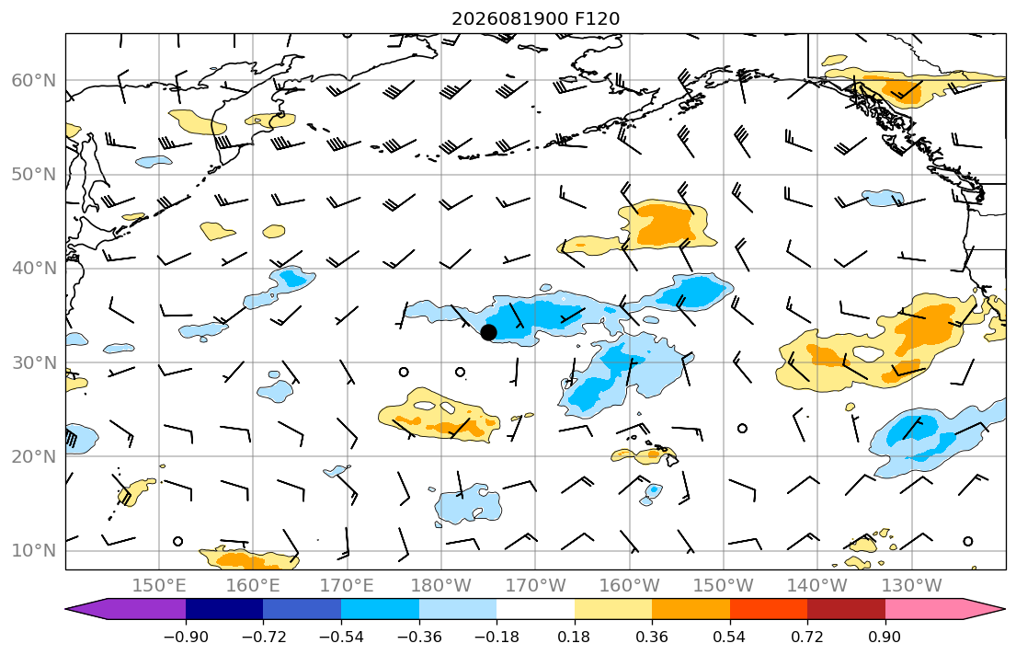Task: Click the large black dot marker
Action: [x=488, y=332]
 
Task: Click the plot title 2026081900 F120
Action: [x=536, y=18]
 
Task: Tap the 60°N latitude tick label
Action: [x=34, y=80]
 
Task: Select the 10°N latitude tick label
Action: [x=34, y=551]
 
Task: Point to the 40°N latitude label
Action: [x=34, y=269]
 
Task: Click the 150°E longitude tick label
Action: [x=159, y=586]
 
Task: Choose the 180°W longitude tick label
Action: [x=441, y=586]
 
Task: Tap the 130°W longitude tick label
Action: [x=912, y=586]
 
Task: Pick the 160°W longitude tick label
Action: [x=630, y=586]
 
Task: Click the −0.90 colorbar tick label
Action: [x=186, y=637]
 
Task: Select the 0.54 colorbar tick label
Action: [x=730, y=637]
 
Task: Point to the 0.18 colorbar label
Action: [x=574, y=637]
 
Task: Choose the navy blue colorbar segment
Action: [x=224, y=609]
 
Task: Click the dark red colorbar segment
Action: [x=846, y=609]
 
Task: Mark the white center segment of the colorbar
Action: [x=535, y=609]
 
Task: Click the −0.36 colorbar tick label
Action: [x=419, y=637]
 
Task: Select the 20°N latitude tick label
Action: [x=34, y=456]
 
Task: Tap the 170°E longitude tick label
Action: [x=348, y=586]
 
